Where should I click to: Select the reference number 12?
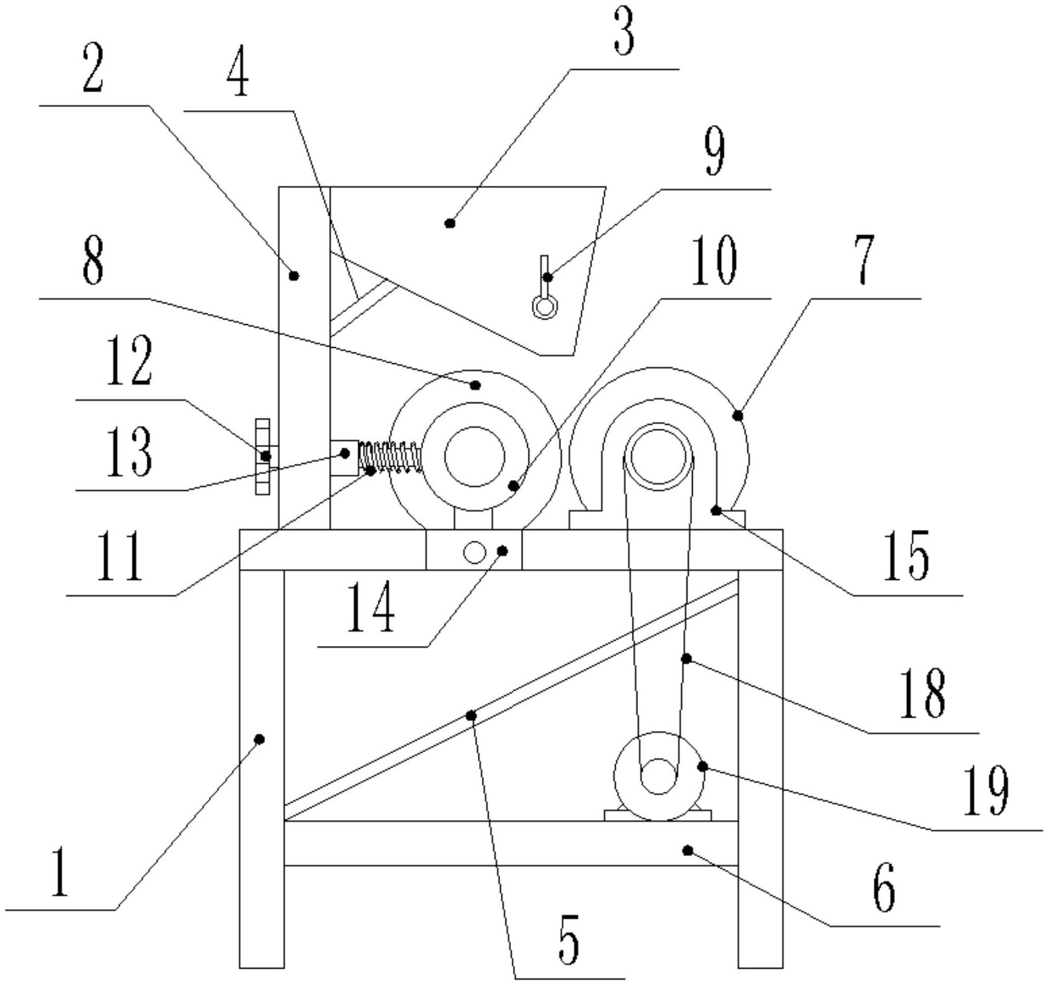point(129,361)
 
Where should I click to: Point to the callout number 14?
point(371,608)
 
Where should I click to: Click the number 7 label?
point(864,260)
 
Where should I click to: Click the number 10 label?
point(714,262)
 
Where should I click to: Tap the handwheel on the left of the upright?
point(262,457)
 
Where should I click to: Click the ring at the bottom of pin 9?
point(545,307)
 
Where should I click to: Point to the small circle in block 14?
point(475,552)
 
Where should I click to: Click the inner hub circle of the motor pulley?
point(658,776)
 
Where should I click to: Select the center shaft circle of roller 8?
point(475,457)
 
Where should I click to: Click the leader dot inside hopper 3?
point(450,223)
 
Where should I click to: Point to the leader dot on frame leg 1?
point(260,739)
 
